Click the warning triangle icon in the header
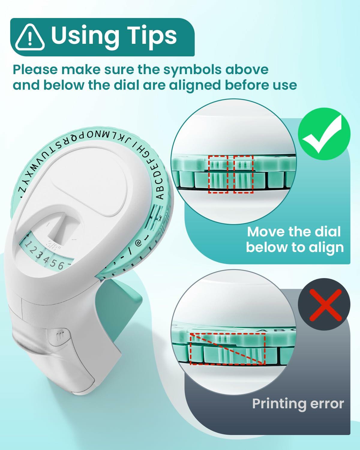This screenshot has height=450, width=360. pyautogui.click(x=30, y=37)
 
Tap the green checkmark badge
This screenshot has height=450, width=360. pyautogui.click(x=324, y=134)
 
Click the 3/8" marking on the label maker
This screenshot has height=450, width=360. pyautogui.click(x=52, y=244)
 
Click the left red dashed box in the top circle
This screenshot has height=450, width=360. pyautogui.click(x=218, y=174)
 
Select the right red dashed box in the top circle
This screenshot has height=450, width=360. pyautogui.click(x=243, y=174)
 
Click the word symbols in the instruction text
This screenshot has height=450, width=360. pyautogui.click(x=192, y=70)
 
